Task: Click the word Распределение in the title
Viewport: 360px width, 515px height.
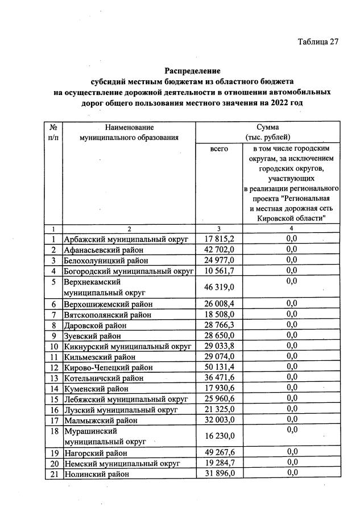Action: point(192,71)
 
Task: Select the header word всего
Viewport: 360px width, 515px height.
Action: point(218,148)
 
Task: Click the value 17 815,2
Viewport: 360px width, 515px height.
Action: point(218,239)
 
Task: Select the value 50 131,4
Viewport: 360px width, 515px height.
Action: point(218,368)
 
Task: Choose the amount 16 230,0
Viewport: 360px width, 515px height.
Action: point(218,436)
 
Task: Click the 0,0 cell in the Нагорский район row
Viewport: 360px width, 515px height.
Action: point(292,452)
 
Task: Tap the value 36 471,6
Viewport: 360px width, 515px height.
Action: point(218,378)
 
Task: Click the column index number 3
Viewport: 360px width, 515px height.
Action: point(218,229)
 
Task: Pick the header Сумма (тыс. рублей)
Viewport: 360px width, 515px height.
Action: point(267,133)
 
